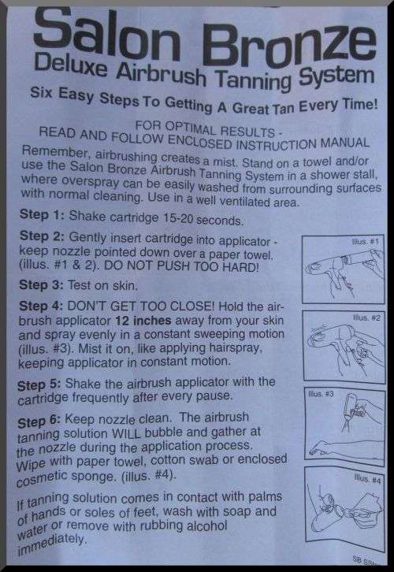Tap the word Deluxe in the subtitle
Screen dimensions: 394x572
tap(71, 64)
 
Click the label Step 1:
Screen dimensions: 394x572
tap(42, 214)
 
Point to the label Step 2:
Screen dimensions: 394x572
tap(42, 236)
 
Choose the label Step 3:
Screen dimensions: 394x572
tap(41, 284)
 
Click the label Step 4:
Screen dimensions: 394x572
tap(41, 306)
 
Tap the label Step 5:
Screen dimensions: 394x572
tap(39, 385)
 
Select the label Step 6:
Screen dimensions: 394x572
tap(39, 422)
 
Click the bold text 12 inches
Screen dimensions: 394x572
tap(143, 321)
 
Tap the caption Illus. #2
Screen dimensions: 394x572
tap(366, 318)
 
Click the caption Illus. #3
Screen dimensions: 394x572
tap(321, 394)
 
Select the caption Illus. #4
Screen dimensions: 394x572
tap(367, 478)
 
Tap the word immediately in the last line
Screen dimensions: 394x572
tap(51, 544)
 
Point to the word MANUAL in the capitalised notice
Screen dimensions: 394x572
tap(345, 143)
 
